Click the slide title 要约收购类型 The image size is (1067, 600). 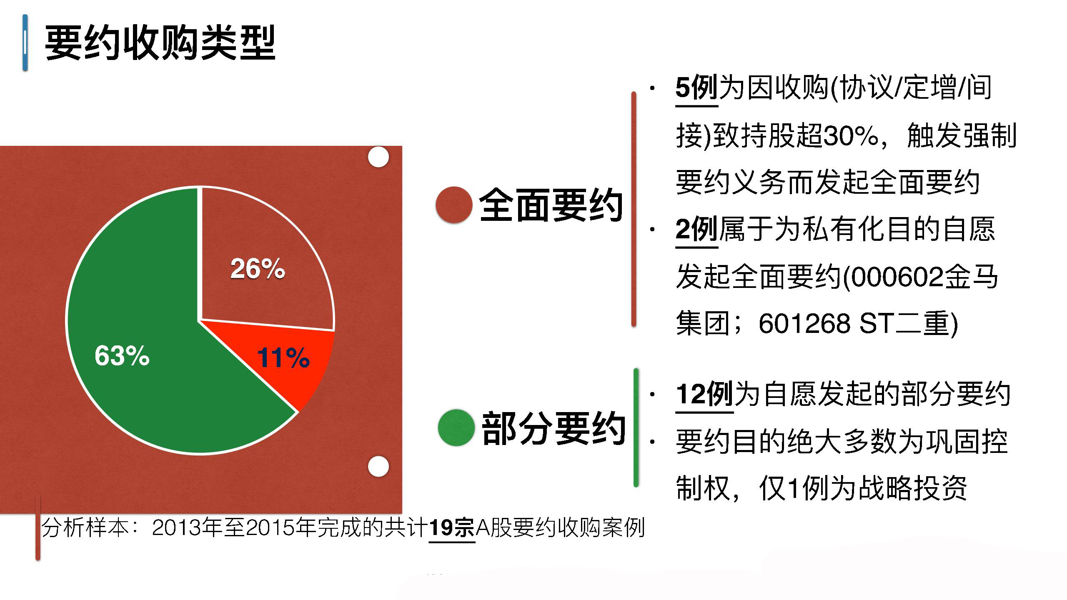pyautogui.click(x=160, y=43)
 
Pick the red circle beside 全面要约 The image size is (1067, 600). pyautogui.click(x=454, y=205)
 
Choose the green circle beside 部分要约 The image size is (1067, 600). pyautogui.click(x=456, y=427)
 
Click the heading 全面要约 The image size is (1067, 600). pyautogui.click(x=551, y=205)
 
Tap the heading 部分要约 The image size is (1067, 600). pyautogui.click(x=554, y=428)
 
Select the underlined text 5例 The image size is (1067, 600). pyautogui.click(x=696, y=88)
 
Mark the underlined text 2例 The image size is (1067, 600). pyautogui.click(x=696, y=230)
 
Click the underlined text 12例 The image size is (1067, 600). pyautogui.click(x=704, y=394)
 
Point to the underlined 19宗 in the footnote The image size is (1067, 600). pyautogui.click(x=452, y=528)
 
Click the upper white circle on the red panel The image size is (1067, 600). pyautogui.click(x=378, y=157)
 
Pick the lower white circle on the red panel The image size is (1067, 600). pyautogui.click(x=378, y=466)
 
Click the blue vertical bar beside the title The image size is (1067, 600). pyautogui.click(x=25, y=42)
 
